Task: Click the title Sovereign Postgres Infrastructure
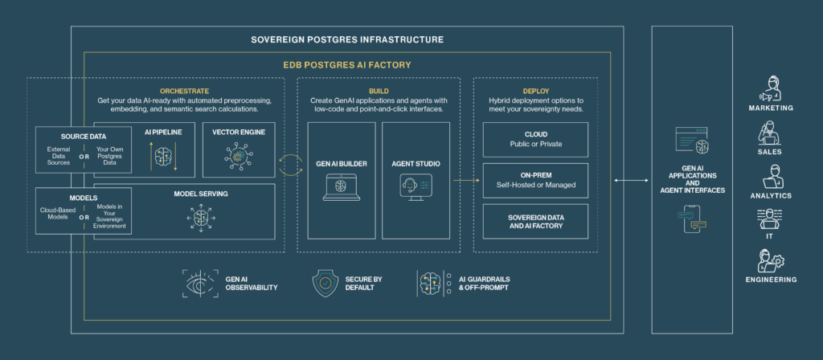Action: pos(347,39)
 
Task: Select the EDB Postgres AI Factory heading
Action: pos(347,65)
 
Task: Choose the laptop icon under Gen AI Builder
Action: pos(342,188)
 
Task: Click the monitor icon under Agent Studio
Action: pos(416,188)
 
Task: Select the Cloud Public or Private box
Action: pos(535,140)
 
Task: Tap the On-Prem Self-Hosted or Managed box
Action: pos(535,181)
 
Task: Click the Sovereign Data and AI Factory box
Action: pos(535,222)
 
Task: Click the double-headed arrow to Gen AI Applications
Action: pos(630,181)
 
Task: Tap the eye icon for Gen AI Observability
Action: pos(200,284)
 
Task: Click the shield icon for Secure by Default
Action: pos(325,284)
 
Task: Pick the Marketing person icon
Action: pos(771,88)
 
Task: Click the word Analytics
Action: pos(771,196)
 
